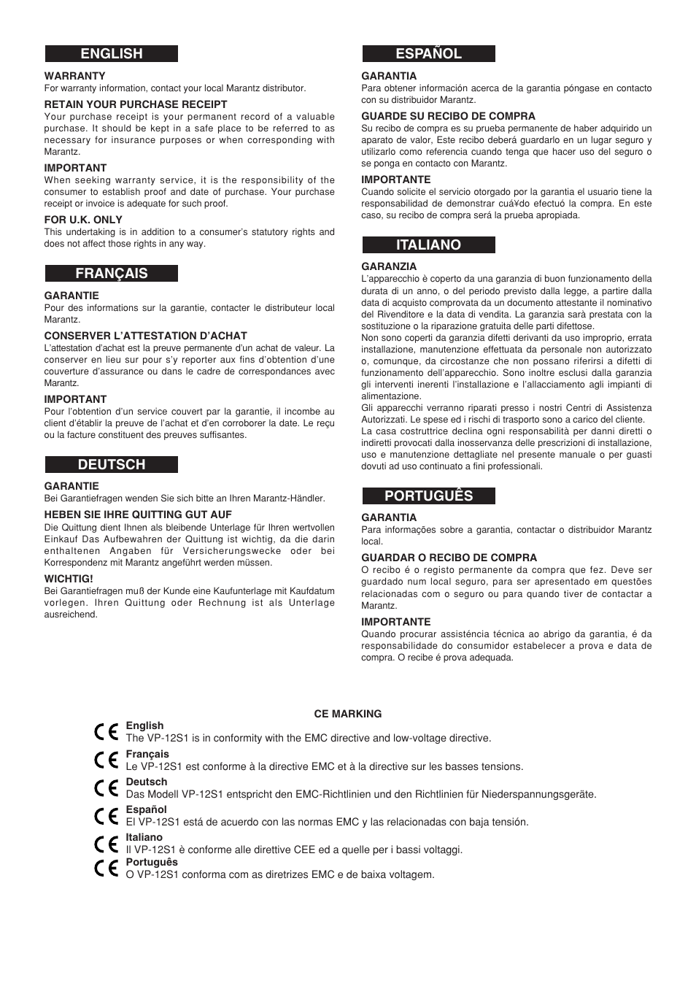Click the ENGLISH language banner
(112, 54)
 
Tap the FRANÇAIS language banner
(112, 274)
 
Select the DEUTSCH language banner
(112, 465)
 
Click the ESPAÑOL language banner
(428, 54)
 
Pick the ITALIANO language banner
(428, 245)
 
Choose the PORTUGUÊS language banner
(428, 496)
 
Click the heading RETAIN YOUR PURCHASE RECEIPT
(136, 104)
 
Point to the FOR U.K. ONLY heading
(83, 220)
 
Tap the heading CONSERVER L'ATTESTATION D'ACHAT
(145, 336)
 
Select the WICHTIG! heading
(69, 579)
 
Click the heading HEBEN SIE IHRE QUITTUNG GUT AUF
(138, 515)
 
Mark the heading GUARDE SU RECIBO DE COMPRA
(448, 116)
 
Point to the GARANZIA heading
(389, 266)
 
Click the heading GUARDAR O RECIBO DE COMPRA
(449, 558)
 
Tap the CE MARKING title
(347, 714)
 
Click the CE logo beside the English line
(107, 732)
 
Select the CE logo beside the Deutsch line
(107, 788)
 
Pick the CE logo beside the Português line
(107, 868)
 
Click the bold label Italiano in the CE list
(144, 837)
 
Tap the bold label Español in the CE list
(146, 809)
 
